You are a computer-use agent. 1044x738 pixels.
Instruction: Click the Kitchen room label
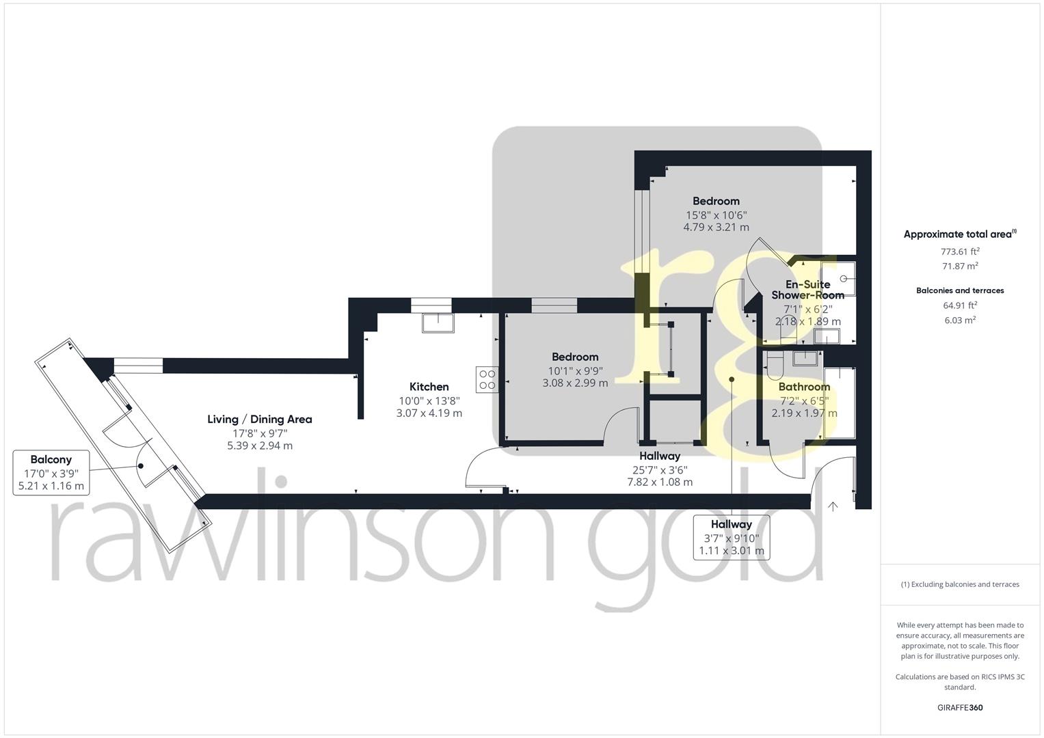(x=429, y=387)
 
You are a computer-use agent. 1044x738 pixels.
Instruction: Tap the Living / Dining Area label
(x=260, y=419)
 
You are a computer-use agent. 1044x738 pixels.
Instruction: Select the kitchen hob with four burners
(x=487, y=379)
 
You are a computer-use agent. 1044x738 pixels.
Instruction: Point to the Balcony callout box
(x=51, y=472)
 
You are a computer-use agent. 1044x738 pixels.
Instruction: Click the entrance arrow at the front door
(x=833, y=506)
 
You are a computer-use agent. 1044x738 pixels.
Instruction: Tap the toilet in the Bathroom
(x=775, y=366)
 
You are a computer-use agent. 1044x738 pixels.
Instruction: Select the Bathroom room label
(x=804, y=387)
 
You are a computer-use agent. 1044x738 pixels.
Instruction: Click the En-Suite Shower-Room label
(x=807, y=290)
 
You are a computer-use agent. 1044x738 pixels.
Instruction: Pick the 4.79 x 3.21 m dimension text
(x=716, y=227)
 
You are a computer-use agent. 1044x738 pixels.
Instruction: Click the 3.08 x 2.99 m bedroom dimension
(x=575, y=383)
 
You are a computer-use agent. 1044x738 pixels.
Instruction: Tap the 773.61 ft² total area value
(x=960, y=251)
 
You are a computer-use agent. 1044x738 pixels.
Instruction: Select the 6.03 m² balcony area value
(x=960, y=320)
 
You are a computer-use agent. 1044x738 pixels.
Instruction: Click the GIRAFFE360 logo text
(x=959, y=707)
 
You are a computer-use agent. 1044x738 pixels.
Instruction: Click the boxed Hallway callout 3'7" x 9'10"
(x=731, y=537)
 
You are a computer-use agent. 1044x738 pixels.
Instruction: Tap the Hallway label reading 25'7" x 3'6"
(x=660, y=469)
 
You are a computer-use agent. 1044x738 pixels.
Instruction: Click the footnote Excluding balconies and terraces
(x=960, y=584)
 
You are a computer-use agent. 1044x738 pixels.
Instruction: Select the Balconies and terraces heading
(x=960, y=290)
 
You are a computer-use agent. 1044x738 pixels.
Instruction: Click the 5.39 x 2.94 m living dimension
(x=260, y=446)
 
